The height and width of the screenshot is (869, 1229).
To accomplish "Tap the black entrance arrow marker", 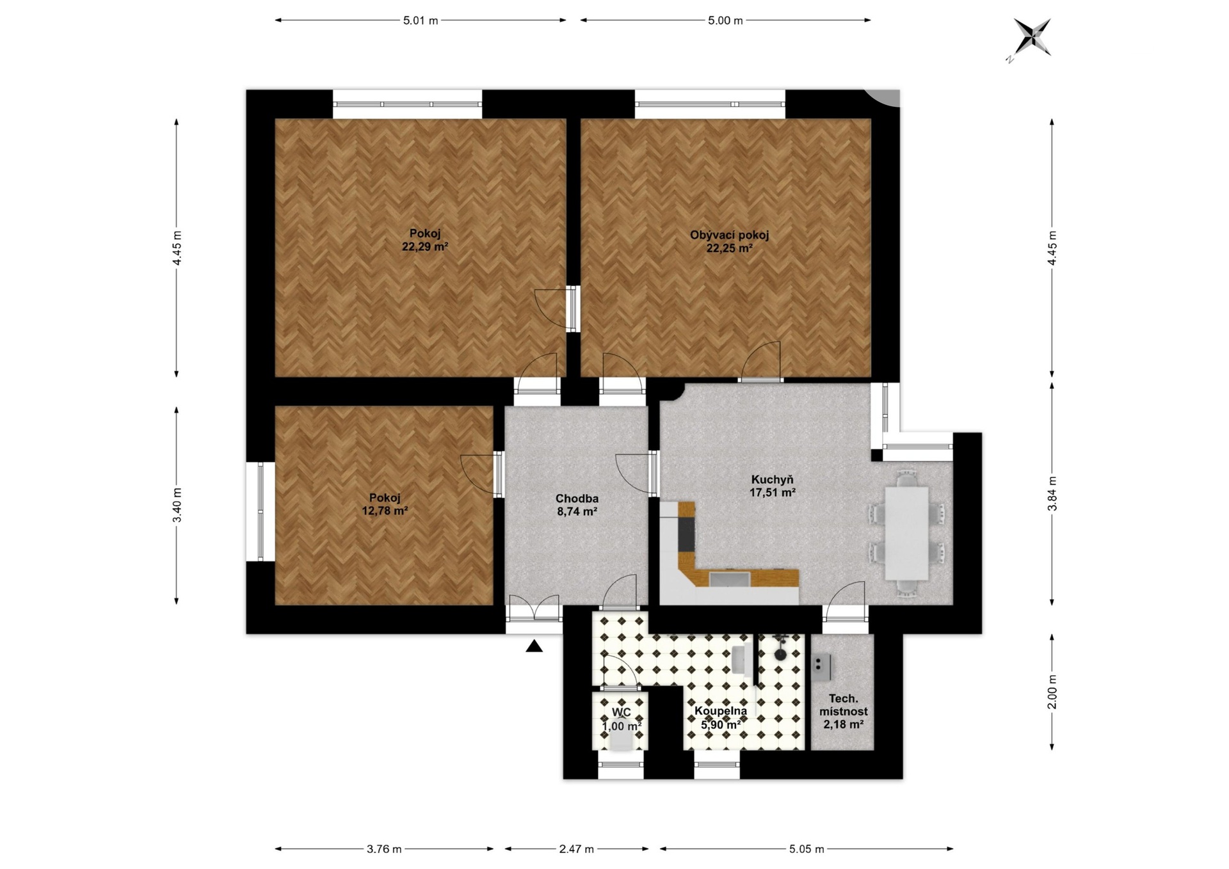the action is (534, 646).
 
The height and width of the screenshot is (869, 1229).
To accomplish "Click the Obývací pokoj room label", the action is (729, 235).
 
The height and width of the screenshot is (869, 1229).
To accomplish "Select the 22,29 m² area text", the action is (424, 247).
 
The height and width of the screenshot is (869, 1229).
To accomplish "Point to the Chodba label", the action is (577, 498).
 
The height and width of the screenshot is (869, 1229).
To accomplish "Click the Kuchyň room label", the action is (773, 479).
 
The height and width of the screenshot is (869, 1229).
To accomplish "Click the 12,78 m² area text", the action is (385, 511).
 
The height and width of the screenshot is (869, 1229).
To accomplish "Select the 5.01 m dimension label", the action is (421, 20).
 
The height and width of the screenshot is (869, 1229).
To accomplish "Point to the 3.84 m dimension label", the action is (1052, 493).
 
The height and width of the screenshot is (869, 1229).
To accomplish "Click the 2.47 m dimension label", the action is (576, 849).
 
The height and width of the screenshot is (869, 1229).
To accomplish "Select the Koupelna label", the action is (721, 711).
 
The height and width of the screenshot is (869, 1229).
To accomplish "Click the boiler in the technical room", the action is (821, 667).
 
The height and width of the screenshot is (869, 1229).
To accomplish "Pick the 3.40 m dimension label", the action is (177, 505).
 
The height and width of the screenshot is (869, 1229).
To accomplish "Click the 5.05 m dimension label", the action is (806, 849).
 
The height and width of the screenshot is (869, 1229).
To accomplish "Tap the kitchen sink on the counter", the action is (729, 578).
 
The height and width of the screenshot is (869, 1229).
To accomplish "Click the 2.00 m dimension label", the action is (1052, 692).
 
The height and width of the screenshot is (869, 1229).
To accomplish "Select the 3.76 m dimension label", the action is (384, 849).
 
